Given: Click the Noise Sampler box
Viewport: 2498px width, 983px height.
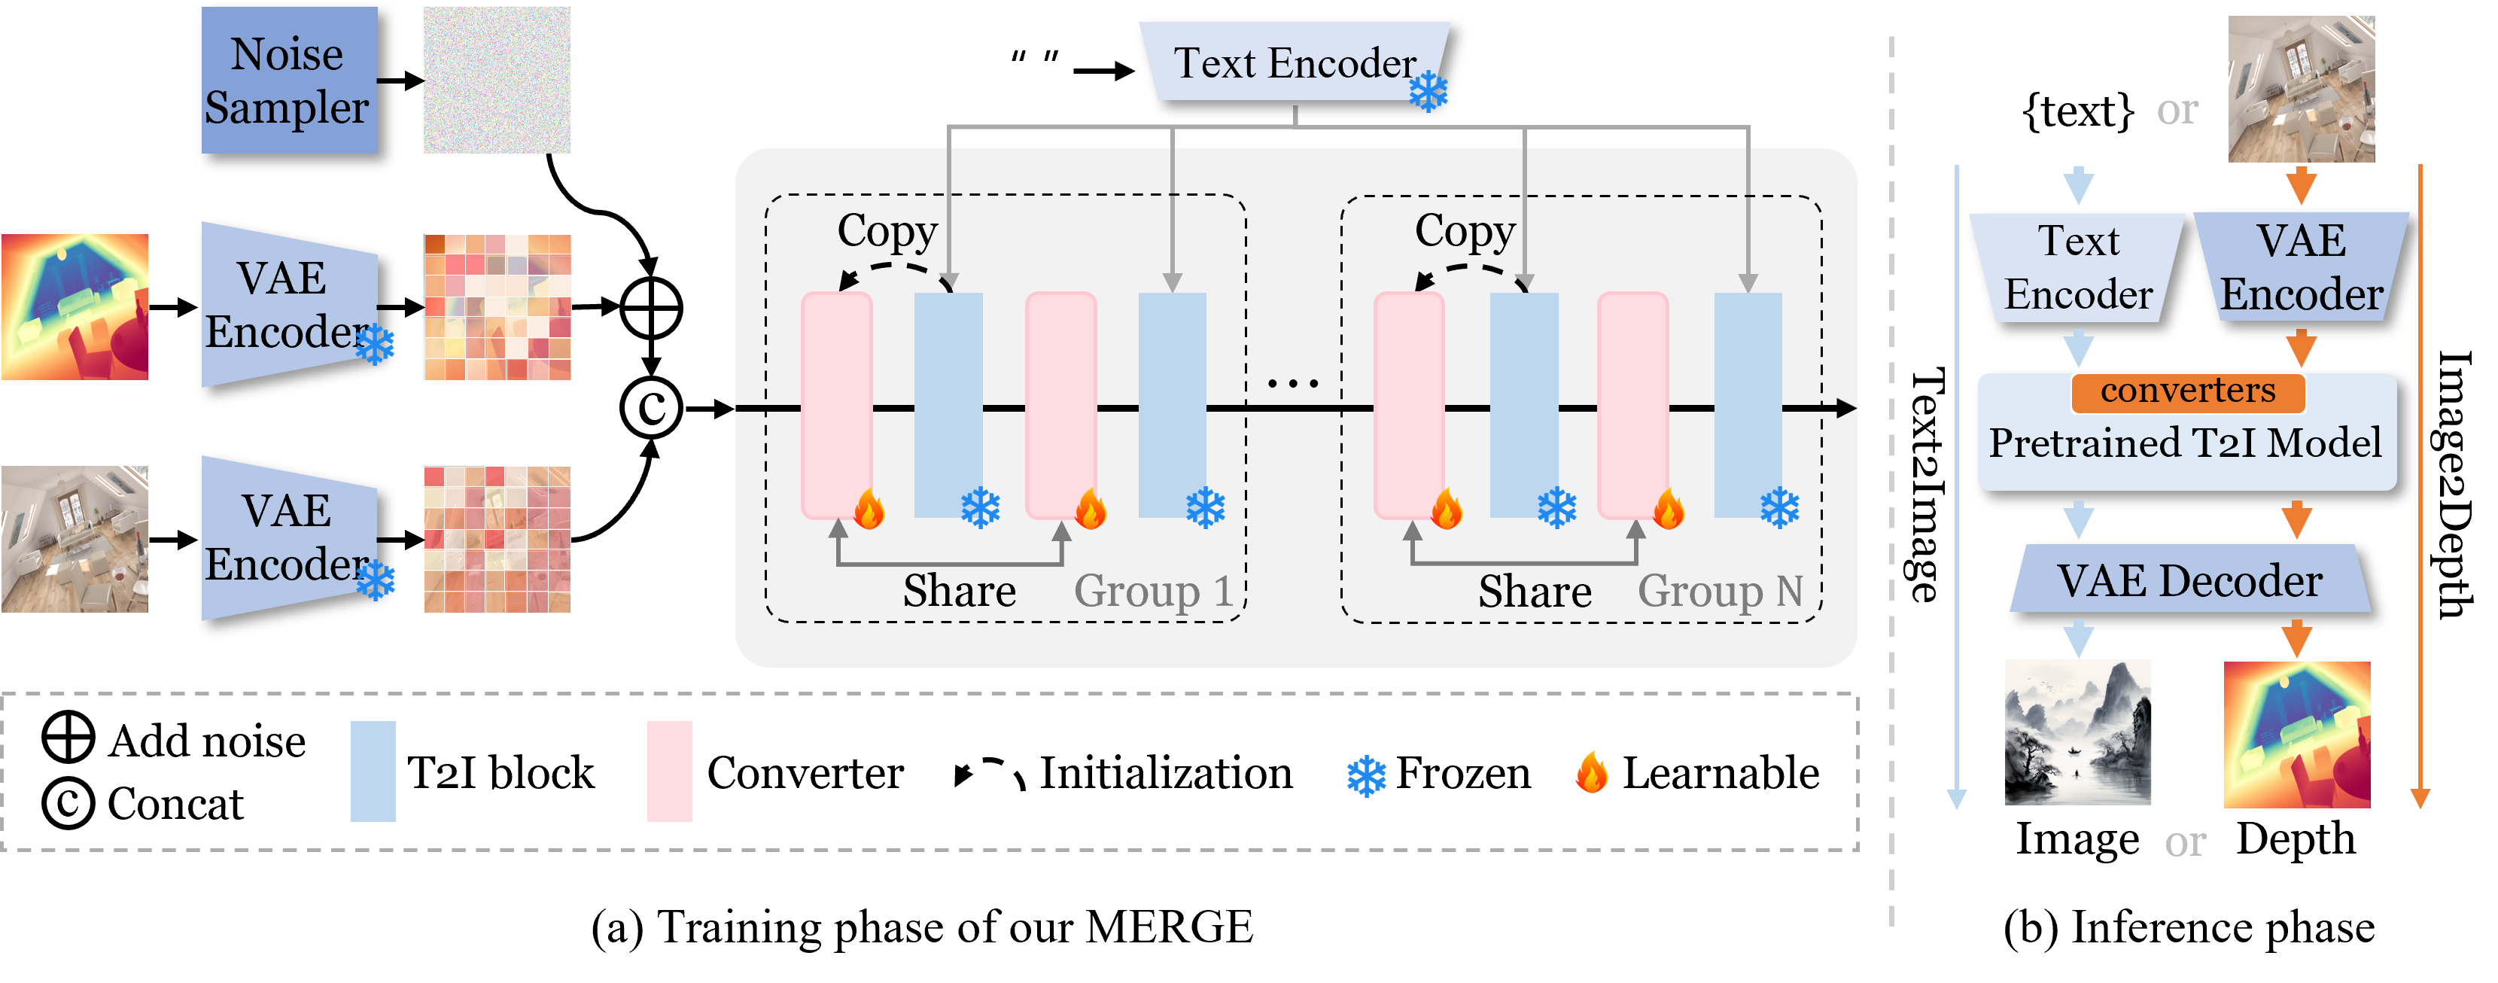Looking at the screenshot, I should [x=288, y=81].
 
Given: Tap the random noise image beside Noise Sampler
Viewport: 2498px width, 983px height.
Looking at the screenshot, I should [x=497, y=81].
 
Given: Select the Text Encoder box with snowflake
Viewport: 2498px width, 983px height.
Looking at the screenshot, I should [x=1295, y=62].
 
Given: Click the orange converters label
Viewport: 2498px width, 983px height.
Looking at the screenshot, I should [x=2188, y=391].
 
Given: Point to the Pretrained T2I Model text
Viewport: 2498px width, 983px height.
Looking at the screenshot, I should [x=2185, y=443].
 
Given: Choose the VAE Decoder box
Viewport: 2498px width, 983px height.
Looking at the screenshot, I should [x=2189, y=580].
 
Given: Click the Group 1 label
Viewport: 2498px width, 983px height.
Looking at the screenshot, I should [x=1152, y=590].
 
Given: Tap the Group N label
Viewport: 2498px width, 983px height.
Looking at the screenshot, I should [x=1719, y=590].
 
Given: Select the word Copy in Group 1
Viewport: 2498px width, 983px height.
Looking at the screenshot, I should [x=887, y=231].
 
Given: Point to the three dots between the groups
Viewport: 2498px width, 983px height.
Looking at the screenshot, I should [x=1292, y=384].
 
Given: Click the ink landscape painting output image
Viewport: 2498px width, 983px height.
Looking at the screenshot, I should [x=2077, y=732].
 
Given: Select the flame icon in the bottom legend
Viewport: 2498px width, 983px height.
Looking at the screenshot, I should [x=1593, y=773].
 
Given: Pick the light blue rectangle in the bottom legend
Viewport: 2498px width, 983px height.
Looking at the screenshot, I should [x=373, y=771].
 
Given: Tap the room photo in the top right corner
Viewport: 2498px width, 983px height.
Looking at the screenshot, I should [x=2300, y=89].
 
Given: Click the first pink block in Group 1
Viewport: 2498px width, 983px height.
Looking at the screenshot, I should [x=836, y=405].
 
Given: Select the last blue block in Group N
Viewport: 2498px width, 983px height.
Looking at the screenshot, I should [x=1748, y=405].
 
